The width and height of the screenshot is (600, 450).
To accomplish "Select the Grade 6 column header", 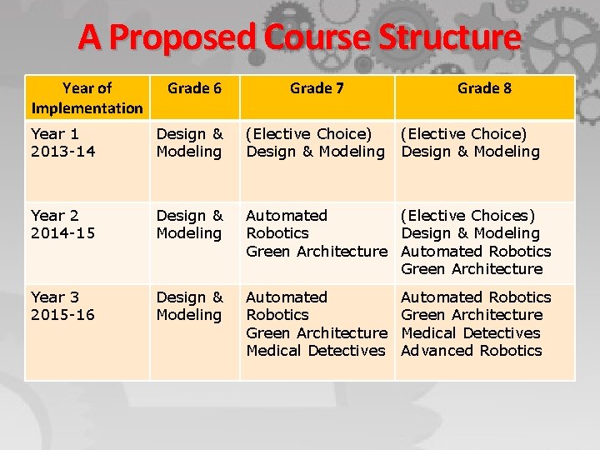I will click(194, 87).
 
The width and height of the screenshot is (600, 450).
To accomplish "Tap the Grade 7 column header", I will click(317, 87).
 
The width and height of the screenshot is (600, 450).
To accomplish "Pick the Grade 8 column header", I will click(484, 87).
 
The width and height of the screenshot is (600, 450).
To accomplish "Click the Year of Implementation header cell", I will click(87, 97).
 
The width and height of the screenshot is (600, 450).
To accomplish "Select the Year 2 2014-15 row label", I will click(62, 224).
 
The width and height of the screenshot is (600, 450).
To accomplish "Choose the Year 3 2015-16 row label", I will click(62, 306).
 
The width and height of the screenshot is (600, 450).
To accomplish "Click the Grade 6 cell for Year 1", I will click(190, 142).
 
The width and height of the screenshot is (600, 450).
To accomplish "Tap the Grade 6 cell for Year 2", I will click(190, 224).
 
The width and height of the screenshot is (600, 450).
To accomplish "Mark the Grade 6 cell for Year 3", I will click(190, 306).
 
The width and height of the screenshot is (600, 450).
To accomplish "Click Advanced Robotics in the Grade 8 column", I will click(472, 351).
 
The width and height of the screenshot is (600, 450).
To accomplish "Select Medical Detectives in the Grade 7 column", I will click(316, 351).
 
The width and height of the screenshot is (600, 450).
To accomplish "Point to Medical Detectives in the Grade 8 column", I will click(471, 332).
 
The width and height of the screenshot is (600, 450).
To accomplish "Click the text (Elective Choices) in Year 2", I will click(468, 216).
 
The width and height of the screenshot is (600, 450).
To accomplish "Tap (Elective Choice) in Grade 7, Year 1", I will click(308, 134).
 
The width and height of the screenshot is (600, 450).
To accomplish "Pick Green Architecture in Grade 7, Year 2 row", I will click(317, 252).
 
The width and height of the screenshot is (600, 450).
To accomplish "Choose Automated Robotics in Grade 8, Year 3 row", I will click(476, 297).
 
